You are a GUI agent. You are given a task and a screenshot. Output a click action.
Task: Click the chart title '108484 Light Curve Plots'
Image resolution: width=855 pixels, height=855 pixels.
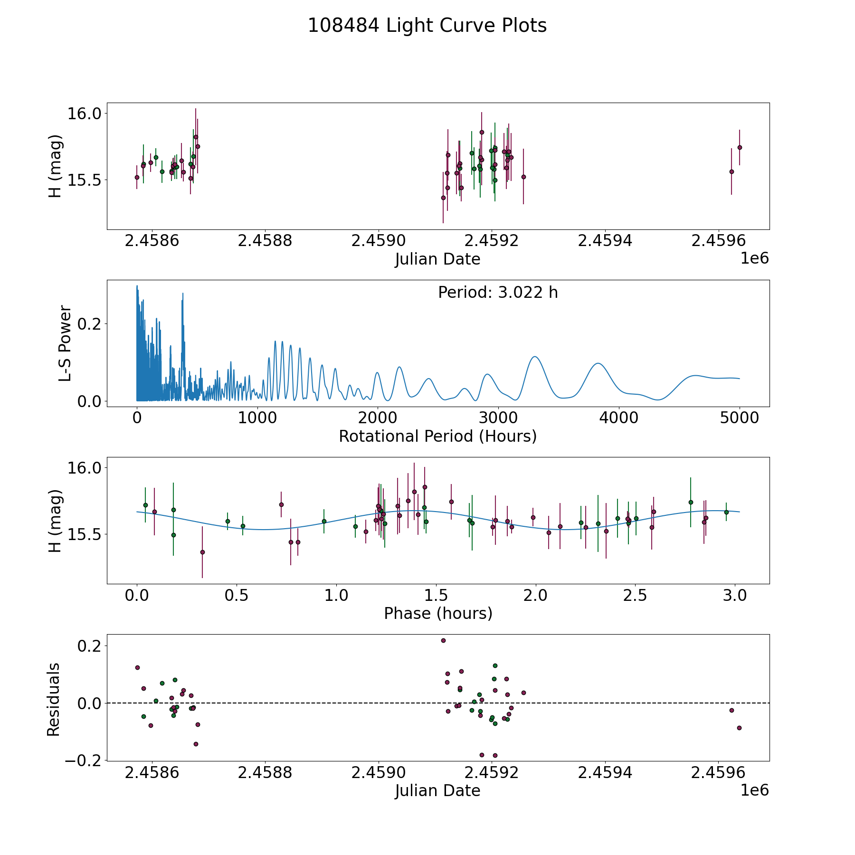pyautogui.click(x=427, y=26)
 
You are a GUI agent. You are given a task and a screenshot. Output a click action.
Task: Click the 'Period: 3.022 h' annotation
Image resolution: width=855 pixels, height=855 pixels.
pyautogui.click(x=498, y=292)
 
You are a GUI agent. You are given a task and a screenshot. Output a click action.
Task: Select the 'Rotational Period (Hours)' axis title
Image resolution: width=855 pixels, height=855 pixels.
pyautogui.click(x=437, y=436)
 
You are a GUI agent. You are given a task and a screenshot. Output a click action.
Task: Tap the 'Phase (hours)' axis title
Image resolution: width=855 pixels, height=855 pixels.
pyautogui.click(x=437, y=613)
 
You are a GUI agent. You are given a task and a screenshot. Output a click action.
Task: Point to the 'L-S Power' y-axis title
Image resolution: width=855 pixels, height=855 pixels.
pyautogui.click(x=65, y=343)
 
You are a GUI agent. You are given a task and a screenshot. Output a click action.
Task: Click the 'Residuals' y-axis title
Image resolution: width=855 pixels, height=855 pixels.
pyautogui.click(x=53, y=699)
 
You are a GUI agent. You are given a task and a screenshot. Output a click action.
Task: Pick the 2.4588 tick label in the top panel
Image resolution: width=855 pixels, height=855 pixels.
pyautogui.click(x=265, y=241)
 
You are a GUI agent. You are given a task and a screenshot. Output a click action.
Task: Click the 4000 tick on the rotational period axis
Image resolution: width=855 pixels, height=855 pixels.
pyautogui.click(x=619, y=418)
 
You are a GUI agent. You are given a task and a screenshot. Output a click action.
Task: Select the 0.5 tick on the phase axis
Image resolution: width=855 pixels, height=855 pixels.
pyautogui.click(x=237, y=595)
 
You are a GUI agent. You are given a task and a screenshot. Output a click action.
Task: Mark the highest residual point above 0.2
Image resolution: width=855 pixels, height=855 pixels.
pyautogui.click(x=443, y=640)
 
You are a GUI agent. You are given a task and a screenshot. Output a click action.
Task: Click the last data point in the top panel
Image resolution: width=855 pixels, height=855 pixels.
pyautogui.click(x=739, y=147)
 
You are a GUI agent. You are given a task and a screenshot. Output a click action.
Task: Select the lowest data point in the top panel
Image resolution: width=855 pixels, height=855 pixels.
pyautogui.click(x=443, y=198)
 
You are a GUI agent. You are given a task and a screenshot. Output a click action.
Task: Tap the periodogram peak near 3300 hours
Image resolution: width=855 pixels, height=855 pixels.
pyautogui.click(x=535, y=356)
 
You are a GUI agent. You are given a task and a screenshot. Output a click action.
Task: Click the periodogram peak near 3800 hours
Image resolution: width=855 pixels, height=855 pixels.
pyautogui.click(x=598, y=363)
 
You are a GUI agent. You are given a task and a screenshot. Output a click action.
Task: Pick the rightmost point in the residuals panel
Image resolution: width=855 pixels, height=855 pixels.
pyautogui.click(x=739, y=728)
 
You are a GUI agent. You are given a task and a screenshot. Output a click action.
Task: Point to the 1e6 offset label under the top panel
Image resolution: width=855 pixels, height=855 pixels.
pyautogui.click(x=754, y=258)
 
